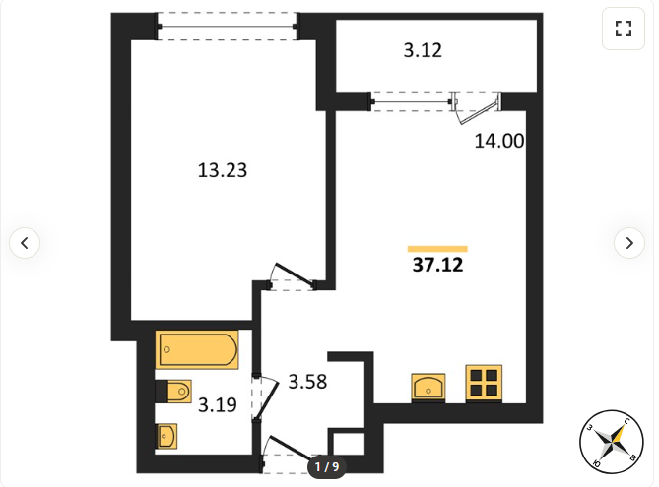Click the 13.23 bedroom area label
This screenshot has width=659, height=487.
tap(223, 170)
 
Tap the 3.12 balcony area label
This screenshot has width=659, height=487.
tap(423, 50)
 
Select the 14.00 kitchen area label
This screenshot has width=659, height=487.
tap(499, 141)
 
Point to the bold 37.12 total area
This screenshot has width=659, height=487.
tap(437, 265)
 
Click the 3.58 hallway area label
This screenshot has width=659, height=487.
tap(307, 382)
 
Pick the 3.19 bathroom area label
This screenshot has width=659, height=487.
tap(218, 405)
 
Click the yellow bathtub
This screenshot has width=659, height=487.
tap(197, 349)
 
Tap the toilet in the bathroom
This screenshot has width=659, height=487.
tap(173, 392)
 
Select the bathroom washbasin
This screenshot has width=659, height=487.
tap(166, 436)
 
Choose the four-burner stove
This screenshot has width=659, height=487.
tap(484, 383)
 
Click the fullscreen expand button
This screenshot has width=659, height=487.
tap(624, 29)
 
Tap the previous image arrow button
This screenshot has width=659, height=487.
tap(25, 243)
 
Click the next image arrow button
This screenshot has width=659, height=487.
tap(629, 243)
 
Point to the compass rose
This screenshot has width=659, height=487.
tap(612, 442)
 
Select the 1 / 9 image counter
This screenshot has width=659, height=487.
tap(327, 466)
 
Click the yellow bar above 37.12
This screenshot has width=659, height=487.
tap(437, 249)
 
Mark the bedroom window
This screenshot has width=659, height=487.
tap(228, 27)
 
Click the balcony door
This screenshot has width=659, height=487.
tap(476, 108)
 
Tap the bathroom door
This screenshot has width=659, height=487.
tap(264, 396)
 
